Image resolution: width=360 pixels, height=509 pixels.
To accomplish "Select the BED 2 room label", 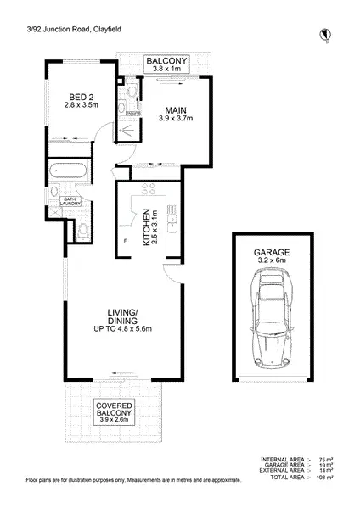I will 82,99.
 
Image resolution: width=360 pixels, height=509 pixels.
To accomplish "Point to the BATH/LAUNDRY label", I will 72,200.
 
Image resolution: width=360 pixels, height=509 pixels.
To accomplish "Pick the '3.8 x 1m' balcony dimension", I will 166,70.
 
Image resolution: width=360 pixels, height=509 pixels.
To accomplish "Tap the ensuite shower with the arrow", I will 127,130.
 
